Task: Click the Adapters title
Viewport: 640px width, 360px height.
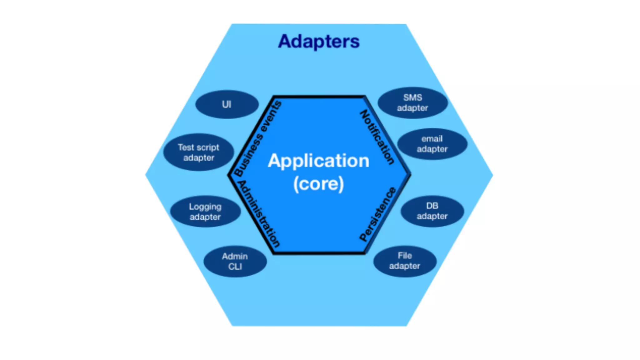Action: click(319, 42)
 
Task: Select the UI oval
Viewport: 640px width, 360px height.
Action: click(227, 104)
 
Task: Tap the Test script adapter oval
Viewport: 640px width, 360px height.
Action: click(198, 152)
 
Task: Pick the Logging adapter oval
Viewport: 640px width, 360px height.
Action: click(205, 212)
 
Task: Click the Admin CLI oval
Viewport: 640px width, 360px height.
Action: click(235, 261)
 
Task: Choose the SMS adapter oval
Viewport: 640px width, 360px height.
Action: click(412, 102)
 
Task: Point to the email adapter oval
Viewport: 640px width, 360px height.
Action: click(432, 144)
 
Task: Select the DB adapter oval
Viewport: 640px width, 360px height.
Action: click(432, 211)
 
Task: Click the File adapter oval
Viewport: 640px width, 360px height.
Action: click(405, 261)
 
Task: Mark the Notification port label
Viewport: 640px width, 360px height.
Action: click(377, 137)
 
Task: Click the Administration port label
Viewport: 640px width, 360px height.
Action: click(259, 214)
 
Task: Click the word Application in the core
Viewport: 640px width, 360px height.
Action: click(318, 161)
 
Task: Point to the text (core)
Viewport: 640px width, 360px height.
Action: click(318, 184)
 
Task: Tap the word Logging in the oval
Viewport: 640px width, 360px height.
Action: click(205, 207)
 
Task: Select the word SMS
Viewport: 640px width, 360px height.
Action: click(412, 97)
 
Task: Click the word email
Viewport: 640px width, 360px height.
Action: click(432, 139)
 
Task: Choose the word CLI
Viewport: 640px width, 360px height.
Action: click(235, 267)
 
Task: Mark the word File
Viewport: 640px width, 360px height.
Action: click(405, 256)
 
